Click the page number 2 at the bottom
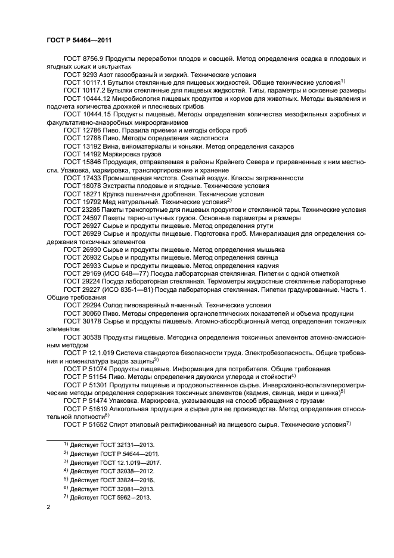click(x=49, y=507)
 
